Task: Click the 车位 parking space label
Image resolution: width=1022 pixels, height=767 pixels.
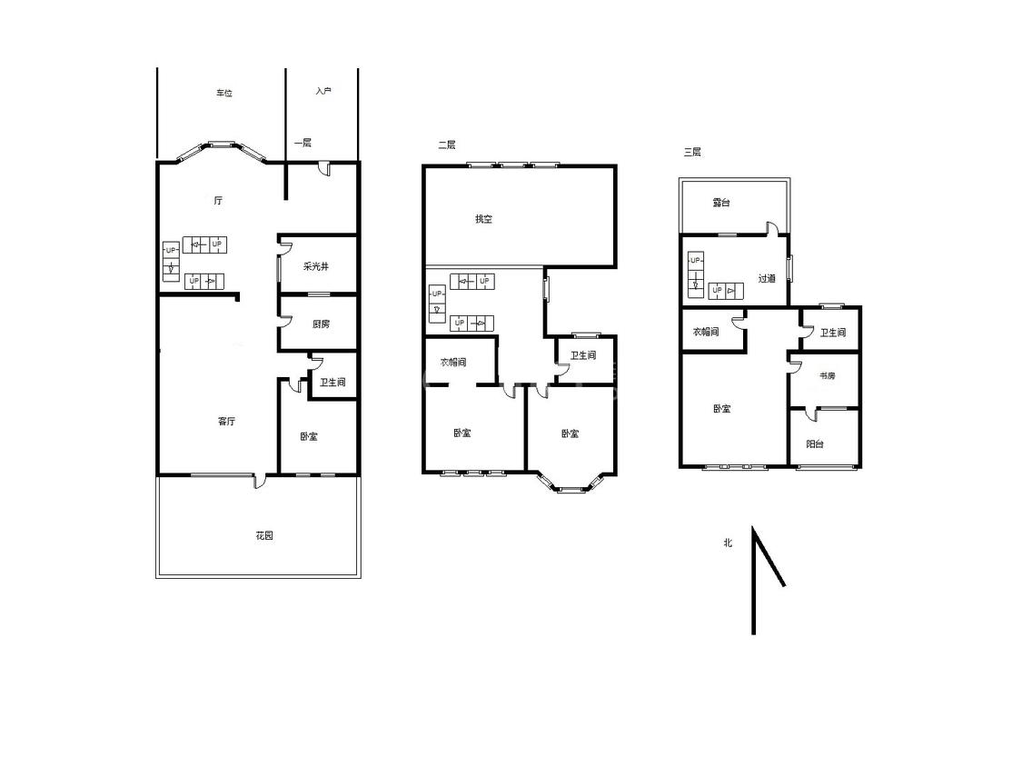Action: point(224,94)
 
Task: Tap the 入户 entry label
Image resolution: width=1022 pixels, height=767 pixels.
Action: point(323,91)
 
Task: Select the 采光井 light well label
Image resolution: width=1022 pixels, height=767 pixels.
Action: point(316,266)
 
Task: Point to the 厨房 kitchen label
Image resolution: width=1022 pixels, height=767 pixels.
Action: point(321,324)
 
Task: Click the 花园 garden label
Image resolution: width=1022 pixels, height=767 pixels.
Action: point(264,535)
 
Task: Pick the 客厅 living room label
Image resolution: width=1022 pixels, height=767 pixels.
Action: point(226,422)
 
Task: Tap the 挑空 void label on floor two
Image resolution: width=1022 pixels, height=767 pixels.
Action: point(483,219)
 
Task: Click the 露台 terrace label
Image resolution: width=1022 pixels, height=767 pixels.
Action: point(721,203)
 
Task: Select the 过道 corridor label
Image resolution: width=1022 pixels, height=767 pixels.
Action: point(767,278)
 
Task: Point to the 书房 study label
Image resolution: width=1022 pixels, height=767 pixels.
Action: point(827,375)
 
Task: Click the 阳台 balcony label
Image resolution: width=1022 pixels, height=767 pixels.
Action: point(815,444)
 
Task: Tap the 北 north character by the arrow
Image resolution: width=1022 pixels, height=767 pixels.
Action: point(728,543)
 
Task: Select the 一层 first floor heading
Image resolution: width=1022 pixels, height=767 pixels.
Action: point(303,143)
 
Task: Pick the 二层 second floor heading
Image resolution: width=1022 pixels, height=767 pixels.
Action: point(446,144)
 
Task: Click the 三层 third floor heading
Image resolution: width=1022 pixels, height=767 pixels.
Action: point(692,152)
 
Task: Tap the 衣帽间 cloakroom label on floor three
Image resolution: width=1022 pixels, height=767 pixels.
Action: point(706,332)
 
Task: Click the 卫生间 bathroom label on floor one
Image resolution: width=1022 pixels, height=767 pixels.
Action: point(332,383)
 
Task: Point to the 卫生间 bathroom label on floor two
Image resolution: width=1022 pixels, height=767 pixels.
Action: point(583,355)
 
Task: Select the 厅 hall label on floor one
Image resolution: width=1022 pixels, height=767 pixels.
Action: point(218,201)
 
